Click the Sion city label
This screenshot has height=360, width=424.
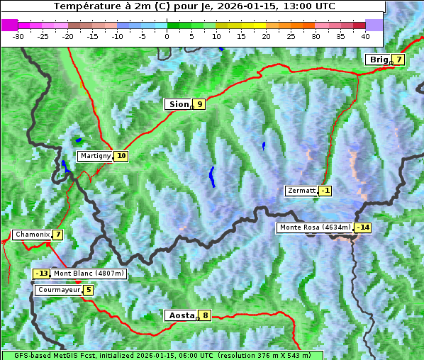[178, 104]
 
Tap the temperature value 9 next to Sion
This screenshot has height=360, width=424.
[200, 104]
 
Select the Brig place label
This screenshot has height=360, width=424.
[378, 60]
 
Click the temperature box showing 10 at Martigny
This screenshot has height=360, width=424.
[121, 156]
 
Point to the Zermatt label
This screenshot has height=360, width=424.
[301, 191]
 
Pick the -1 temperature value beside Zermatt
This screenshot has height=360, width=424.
[325, 191]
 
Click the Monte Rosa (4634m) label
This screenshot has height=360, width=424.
[314, 227]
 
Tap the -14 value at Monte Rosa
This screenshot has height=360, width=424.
[363, 227]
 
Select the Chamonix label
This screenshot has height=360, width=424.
[31, 235]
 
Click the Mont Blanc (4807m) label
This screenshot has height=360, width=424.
[89, 274]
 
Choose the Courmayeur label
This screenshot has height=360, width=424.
[58, 290]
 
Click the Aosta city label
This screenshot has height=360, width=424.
[180, 315]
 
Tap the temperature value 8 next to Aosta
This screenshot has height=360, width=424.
[205, 315]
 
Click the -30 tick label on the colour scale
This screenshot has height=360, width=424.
[18, 35]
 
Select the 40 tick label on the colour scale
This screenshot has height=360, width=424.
[365, 35]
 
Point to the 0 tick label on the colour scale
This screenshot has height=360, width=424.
[167, 35]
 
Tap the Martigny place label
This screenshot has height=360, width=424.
[95, 156]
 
